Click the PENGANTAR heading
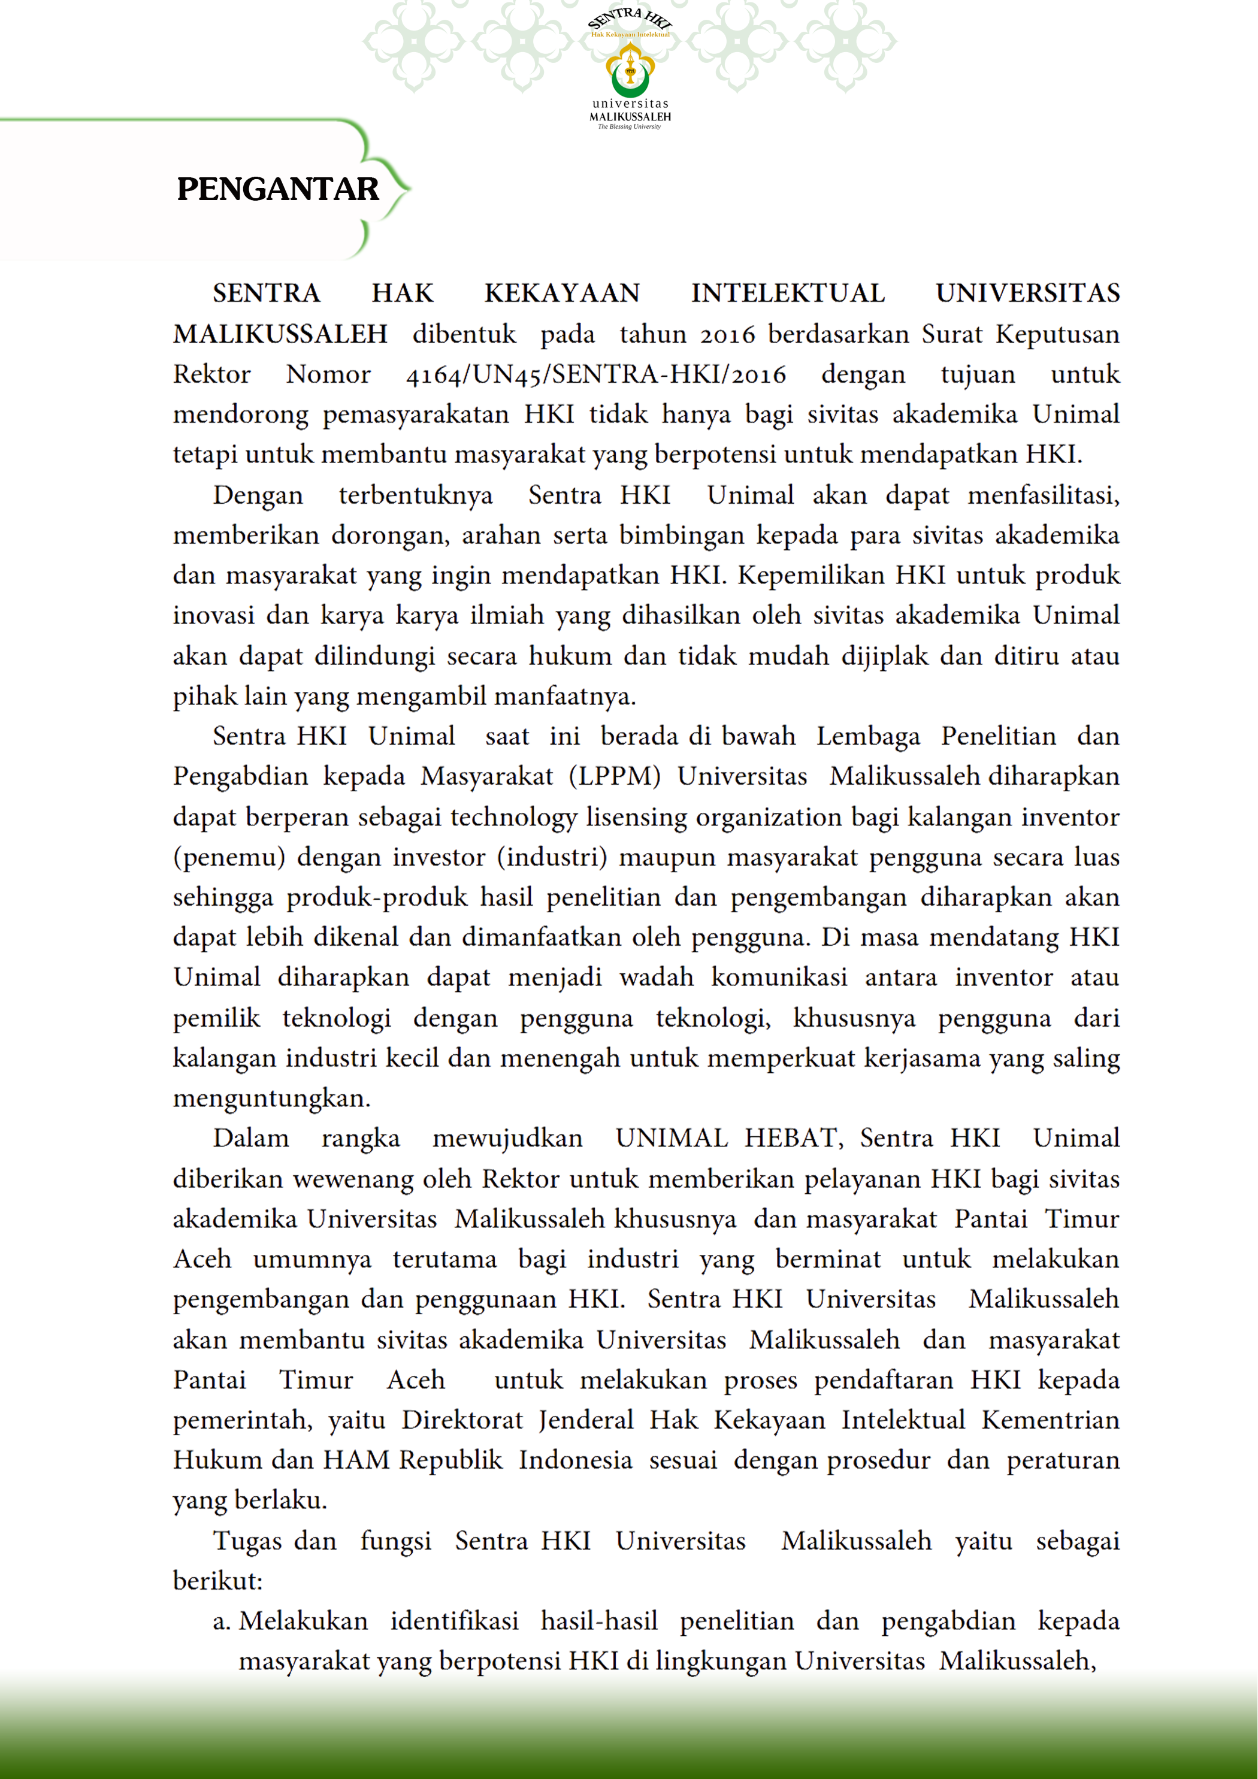[x=277, y=189]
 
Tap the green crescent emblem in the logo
[x=630, y=77]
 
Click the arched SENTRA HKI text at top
[x=630, y=19]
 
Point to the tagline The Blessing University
[x=630, y=126]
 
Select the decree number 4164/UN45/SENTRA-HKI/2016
[x=596, y=374]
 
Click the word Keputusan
[x=1057, y=334]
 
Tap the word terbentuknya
[x=416, y=495]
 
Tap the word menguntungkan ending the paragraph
[x=271, y=1099]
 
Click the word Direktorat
[x=462, y=1420]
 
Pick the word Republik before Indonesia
[x=451, y=1460]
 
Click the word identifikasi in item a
[x=454, y=1621]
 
